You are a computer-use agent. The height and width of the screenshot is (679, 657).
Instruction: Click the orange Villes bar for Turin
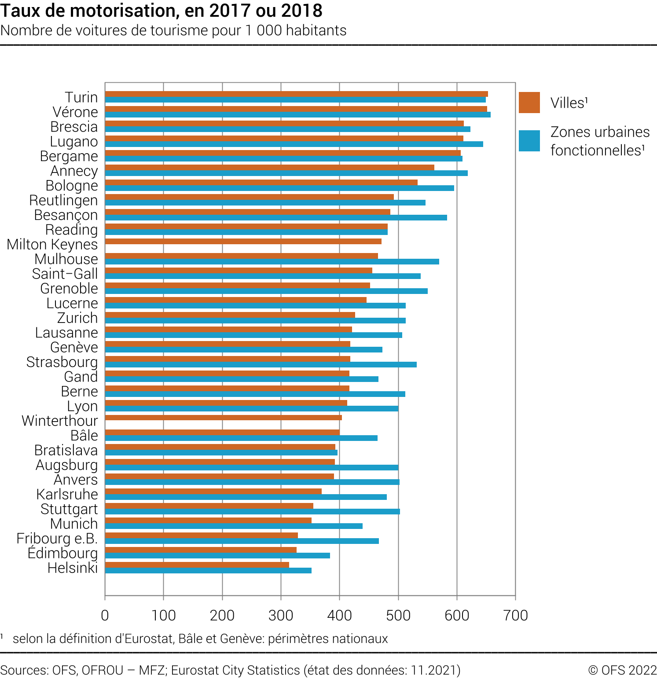(296, 94)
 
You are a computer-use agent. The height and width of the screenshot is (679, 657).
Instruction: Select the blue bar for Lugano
(294, 144)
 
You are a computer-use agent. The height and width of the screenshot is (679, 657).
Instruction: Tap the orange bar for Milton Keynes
(243, 241)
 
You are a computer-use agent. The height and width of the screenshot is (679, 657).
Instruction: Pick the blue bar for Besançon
(276, 217)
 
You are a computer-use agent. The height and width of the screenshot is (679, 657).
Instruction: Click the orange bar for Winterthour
(223, 418)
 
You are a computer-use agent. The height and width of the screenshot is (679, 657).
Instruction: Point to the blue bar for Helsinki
(208, 570)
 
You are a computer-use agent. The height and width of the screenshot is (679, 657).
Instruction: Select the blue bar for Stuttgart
(252, 511)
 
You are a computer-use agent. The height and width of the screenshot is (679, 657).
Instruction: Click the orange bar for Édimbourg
(201, 550)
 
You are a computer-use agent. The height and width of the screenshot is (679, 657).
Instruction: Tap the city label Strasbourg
(62, 362)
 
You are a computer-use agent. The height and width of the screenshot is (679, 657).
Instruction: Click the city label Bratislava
(66, 450)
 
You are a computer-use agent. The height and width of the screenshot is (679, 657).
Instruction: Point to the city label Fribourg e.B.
(57, 539)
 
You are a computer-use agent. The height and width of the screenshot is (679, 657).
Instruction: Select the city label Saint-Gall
(65, 274)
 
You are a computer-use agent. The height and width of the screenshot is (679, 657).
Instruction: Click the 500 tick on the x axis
(398, 615)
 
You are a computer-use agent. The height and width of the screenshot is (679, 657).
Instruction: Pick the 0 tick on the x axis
(105, 615)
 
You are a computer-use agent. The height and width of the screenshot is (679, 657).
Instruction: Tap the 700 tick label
(515, 615)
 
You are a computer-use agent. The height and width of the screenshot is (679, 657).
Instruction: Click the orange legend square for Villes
(529, 103)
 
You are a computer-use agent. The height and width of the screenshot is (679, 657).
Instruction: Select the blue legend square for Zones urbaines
(529, 141)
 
